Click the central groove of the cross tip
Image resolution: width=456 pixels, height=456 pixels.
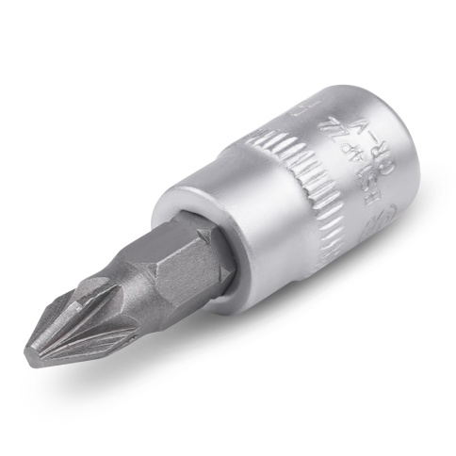[x=75, y=325]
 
